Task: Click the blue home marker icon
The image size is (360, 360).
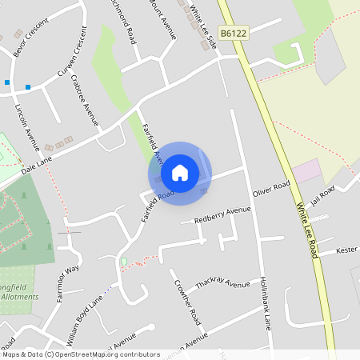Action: pyautogui.click(x=180, y=172)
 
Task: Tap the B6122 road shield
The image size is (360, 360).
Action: pyautogui.click(x=233, y=33)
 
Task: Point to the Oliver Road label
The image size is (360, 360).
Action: pyautogui.click(x=271, y=190)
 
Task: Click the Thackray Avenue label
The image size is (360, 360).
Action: pyautogui.click(x=222, y=285)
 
